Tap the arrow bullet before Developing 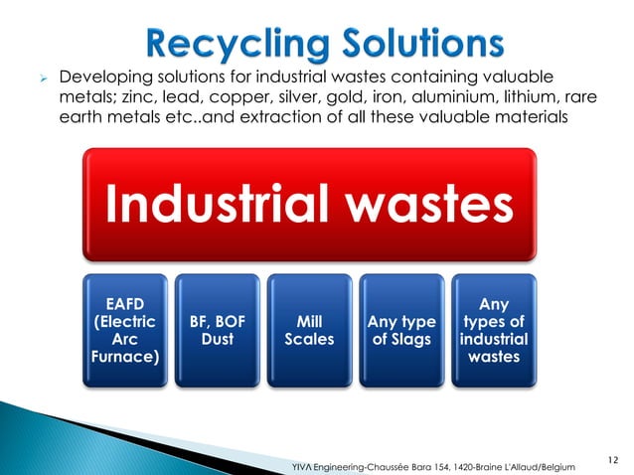[x=41, y=78]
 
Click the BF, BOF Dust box [x=216, y=329]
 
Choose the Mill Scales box [x=308, y=329]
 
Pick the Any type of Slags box [x=401, y=329]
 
